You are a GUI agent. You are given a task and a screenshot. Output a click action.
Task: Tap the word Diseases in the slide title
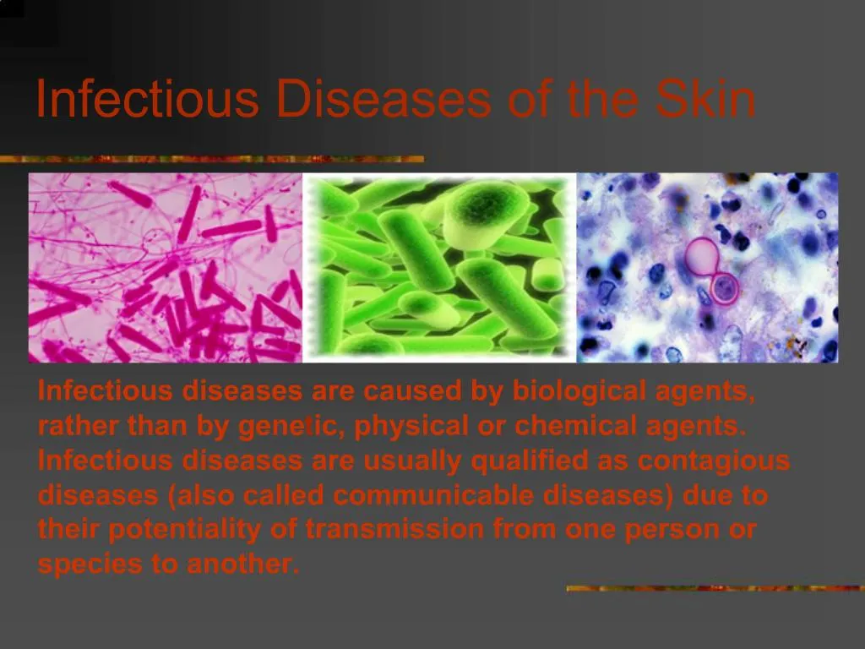[383, 100]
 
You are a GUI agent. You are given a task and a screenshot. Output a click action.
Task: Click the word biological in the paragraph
[581, 391]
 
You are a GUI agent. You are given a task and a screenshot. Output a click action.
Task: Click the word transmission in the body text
[394, 530]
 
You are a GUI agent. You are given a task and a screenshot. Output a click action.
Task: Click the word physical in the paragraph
[411, 426]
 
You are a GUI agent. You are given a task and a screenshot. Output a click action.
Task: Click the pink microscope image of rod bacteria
[166, 268]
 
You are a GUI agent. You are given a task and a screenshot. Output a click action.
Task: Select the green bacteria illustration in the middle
[439, 268]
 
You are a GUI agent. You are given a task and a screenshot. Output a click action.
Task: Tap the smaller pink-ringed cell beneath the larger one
[724, 289]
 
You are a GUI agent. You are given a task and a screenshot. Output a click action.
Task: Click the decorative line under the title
[212, 159]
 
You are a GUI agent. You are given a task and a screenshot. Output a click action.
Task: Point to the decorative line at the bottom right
[715, 587]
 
